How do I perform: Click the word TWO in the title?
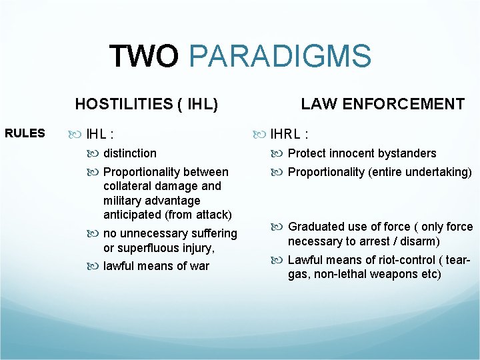click(x=143, y=57)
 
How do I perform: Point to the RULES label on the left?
click(x=25, y=133)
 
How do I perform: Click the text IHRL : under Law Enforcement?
click(x=288, y=133)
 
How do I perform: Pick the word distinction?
click(x=130, y=153)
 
